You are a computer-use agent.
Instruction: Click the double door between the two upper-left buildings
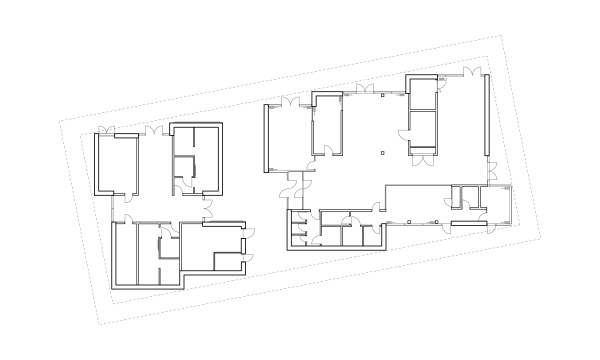(x=152, y=131)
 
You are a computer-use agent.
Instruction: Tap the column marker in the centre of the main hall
(x=382, y=152)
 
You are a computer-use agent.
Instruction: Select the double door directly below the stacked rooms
(x=424, y=159)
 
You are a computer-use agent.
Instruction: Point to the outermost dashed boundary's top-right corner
(x=498, y=39)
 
